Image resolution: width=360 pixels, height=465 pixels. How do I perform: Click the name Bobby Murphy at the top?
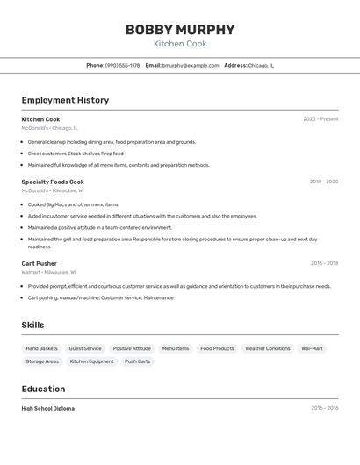[x=180, y=30]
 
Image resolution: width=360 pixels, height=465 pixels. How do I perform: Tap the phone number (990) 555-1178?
[x=122, y=65]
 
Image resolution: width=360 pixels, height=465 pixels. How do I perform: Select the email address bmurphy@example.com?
[x=191, y=65]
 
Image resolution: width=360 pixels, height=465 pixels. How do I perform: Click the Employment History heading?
[x=65, y=100]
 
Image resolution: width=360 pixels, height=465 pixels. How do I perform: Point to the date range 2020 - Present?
[x=320, y=119]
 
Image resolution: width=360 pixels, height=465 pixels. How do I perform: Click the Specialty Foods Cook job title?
[x=53, y=182]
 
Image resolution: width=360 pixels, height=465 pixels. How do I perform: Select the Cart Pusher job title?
[x=40, y=263]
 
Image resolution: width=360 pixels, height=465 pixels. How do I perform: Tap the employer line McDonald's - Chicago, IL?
[x=49, y=128]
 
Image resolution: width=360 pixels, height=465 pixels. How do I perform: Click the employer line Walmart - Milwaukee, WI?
[x=48, y=272]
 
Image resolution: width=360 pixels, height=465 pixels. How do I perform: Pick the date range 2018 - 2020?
[x=323, y=182]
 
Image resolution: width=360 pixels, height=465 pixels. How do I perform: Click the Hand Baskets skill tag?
[x=41, y=348]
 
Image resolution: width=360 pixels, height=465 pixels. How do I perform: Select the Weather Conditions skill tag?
[x=267, y=348]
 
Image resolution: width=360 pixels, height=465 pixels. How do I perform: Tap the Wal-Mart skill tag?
[x=312, y=348]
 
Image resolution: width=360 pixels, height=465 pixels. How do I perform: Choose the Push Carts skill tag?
[x=137, y=361]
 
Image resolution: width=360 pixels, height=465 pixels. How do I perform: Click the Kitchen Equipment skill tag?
[x=91, y=361]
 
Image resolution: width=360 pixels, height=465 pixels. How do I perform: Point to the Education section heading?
[x=43, y=389]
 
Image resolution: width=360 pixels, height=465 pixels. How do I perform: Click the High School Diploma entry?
[x=47, y=408]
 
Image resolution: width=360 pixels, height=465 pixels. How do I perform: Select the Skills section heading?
[x=32, y=325]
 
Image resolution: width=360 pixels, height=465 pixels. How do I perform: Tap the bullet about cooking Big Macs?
[x=73, y=204]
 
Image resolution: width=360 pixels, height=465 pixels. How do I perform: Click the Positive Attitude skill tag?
[x=132, y=348]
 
